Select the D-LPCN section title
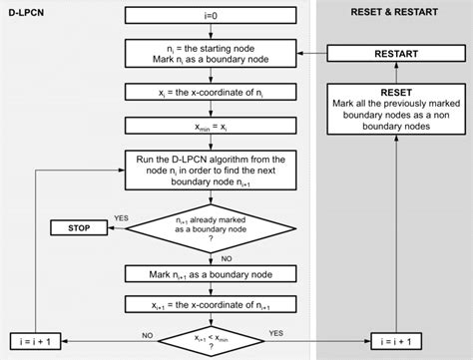point(30,14)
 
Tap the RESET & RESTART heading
point(395,14)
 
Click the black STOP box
point(80,228)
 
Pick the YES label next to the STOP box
point(122,216)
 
